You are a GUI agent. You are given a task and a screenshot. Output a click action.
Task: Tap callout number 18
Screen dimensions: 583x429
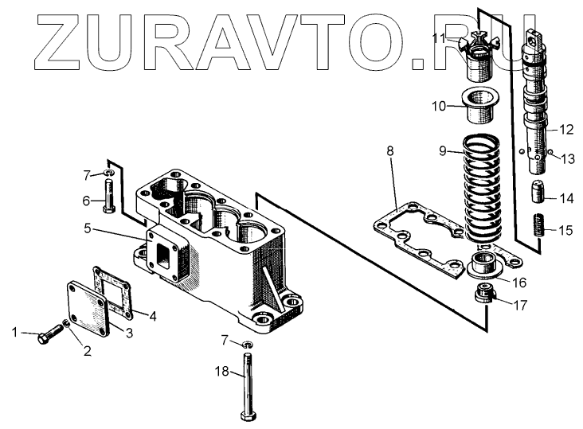coord(221,370)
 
